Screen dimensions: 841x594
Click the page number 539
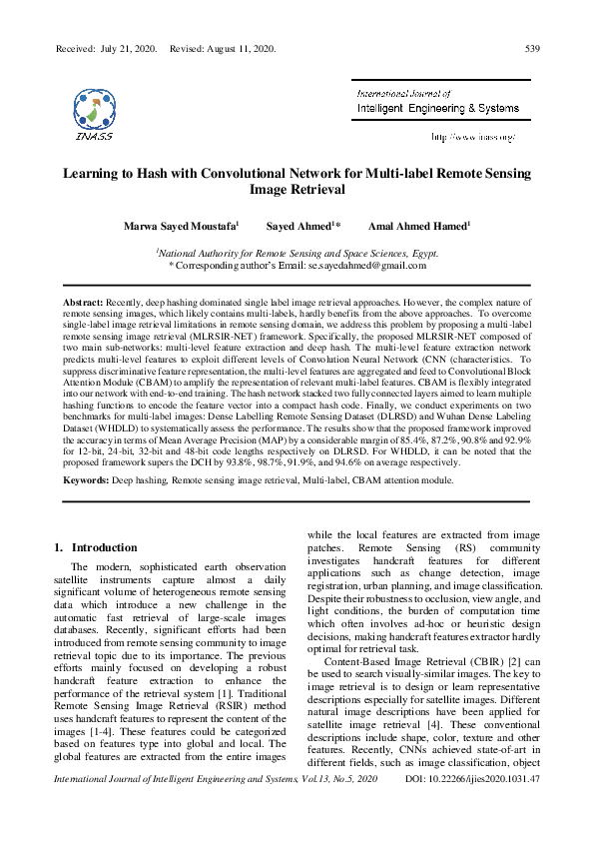tap(532, 48)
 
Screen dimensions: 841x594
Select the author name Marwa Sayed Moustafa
tap(181, 227)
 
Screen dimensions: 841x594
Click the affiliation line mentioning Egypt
tap(297, 254)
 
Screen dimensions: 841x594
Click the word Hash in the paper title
tap(167, 172)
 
